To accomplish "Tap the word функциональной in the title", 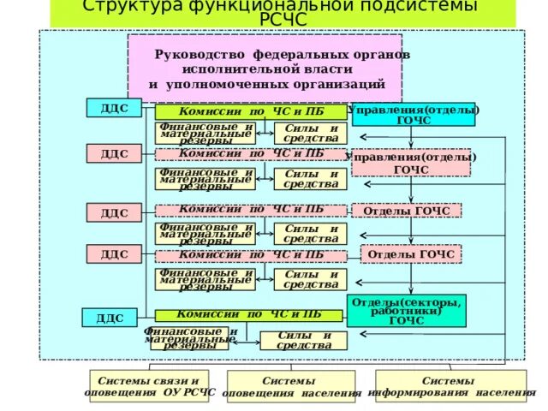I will click(256, 7).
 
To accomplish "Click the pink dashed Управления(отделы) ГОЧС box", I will click(411, 163).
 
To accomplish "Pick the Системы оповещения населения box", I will click(291, 387).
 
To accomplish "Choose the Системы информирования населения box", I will click(451, 386).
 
